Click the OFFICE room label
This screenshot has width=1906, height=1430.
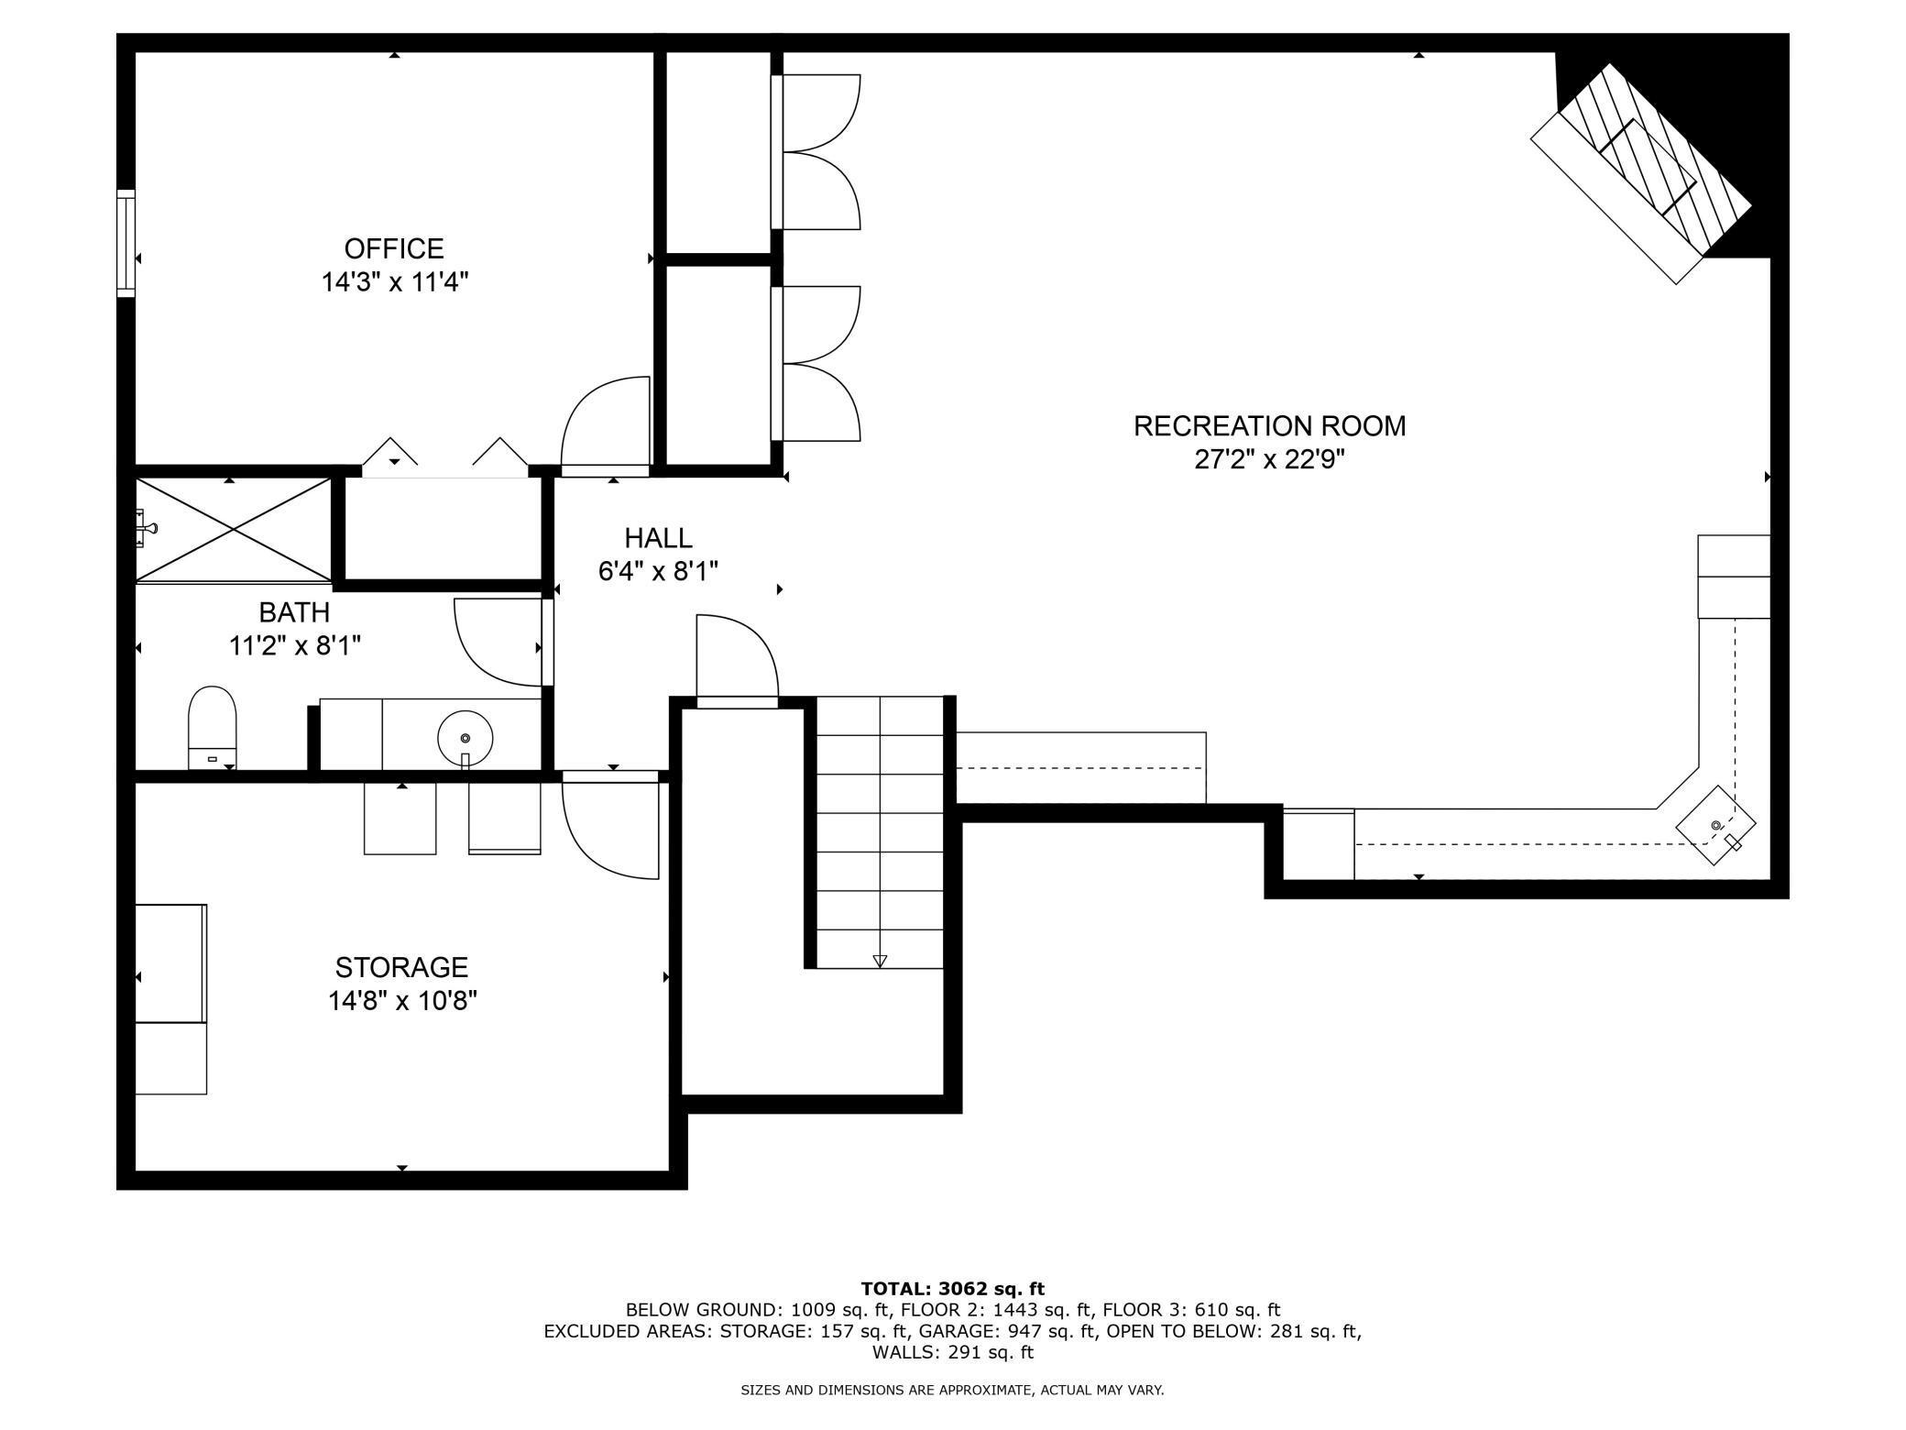[394, 248]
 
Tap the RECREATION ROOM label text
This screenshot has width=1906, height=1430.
[1269, 426]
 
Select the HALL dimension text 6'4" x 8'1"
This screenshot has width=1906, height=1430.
[658, 572]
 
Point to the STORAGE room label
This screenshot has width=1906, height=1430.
[401, 967]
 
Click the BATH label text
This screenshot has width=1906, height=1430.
[294, 611]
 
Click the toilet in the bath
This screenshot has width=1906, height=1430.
[212, 728]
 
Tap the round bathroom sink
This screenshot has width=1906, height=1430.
[466, 738]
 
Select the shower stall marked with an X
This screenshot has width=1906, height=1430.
[234, 529]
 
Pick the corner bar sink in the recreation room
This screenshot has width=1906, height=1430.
[1716, 825]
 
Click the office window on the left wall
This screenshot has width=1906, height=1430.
[126, 243]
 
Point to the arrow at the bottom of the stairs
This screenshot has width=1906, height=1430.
[880, 961]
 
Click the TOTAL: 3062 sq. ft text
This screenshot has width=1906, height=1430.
[953, 1289]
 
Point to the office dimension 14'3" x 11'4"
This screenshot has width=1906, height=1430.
[395, 281]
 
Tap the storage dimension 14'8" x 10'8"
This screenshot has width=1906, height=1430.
[403, 1000]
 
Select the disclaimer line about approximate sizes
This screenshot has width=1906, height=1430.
[952, 1390]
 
